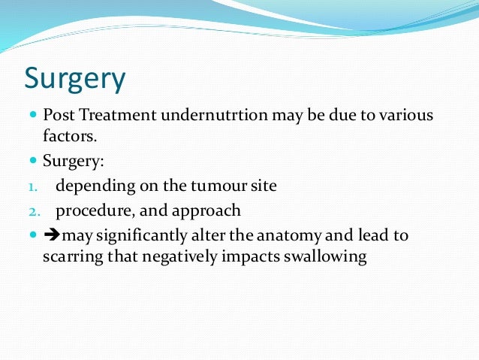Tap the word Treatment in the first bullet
tap(107, 116)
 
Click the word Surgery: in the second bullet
tap(73, 162)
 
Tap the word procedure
tap(89, 210)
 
